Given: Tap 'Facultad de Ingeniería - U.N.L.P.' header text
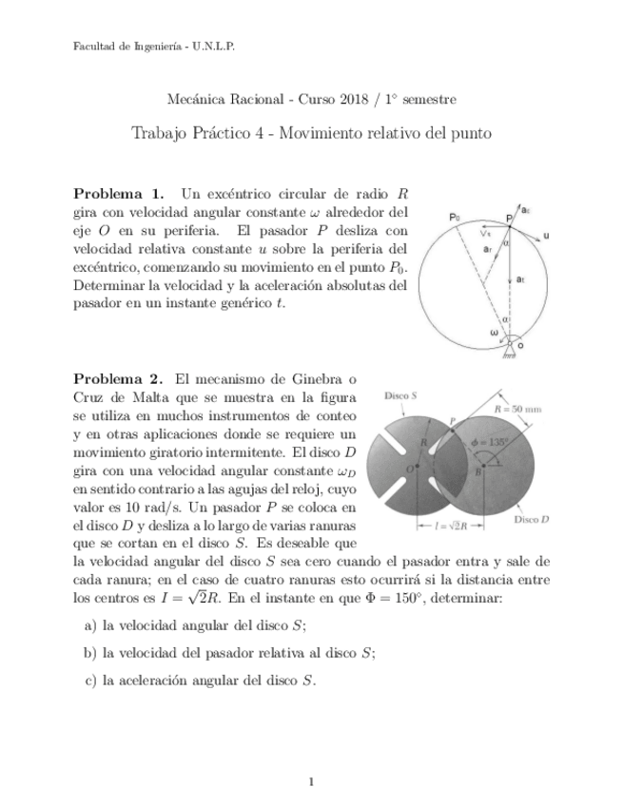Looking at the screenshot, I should tap(154, 46).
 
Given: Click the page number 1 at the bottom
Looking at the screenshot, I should tap(311, 781).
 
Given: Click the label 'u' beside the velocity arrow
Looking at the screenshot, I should tap(546, 234).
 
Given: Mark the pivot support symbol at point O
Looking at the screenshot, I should tap(515, 349).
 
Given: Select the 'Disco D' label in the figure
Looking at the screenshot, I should tap(533, 520).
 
